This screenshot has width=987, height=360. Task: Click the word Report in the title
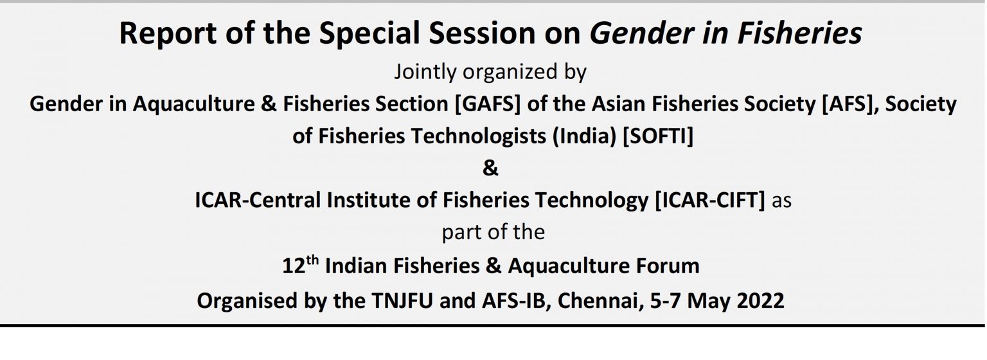click(x=168, y=34)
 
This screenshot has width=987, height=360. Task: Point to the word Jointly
click(x=425, y=72)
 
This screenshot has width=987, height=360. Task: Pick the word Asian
click(x=618, y=104)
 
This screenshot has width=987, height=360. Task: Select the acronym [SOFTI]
click(x=657, y=136)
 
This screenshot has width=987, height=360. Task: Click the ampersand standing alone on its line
click(x=490, y=168)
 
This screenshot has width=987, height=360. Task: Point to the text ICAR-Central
click(x=258, y=200)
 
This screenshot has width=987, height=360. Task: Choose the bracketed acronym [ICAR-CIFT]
click(x=710, y=200)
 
